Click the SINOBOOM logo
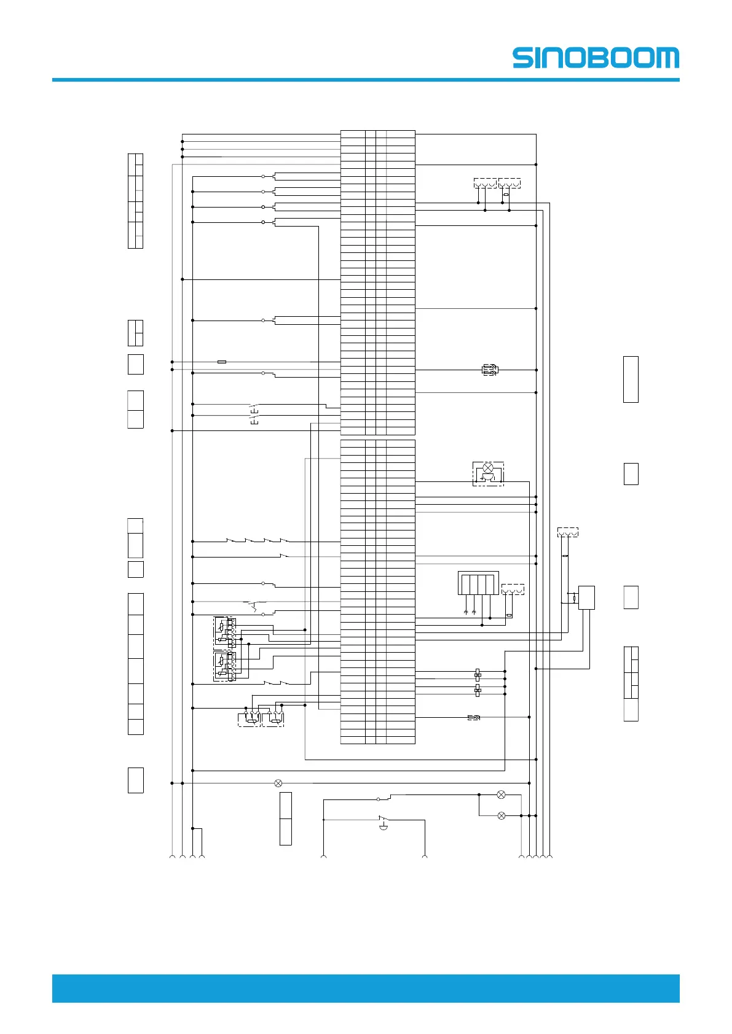(596, 58)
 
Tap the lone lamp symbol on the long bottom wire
(278, 783)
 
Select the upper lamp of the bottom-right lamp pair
(501, 795)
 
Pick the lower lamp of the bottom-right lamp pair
(501, 815)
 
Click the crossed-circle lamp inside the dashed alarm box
(488, 468)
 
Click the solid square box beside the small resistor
(586, 597)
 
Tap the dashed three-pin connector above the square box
(567, 532)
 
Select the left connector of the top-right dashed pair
(485, 183)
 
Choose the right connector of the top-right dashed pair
(510, 183)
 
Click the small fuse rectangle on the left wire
(222, 362)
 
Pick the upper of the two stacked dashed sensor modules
(224, 632)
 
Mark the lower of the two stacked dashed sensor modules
(224, 666)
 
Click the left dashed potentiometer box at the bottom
(249, 719)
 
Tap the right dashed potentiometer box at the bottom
(273, 719)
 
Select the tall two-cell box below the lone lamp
(285, 818)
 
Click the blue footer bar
(366, 988)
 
